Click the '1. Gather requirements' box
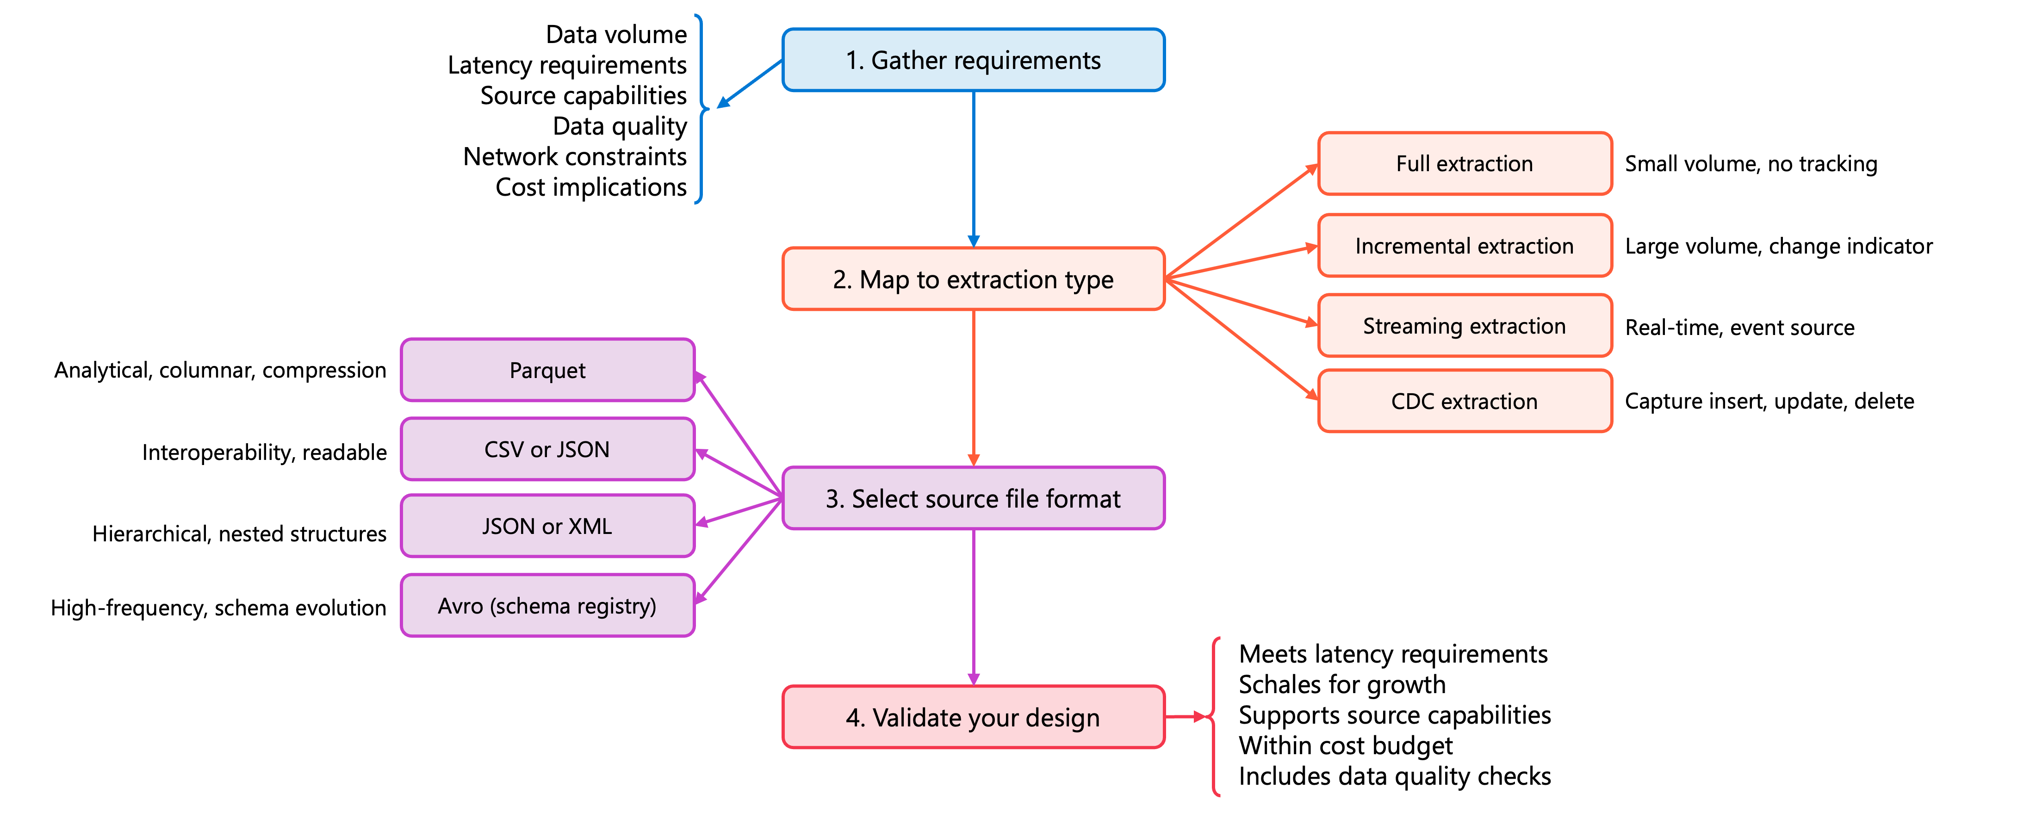pos(973,60)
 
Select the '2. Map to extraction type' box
pos(973,279)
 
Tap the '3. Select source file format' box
pos(973,498)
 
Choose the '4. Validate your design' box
pos(973,717)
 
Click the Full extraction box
pos(1465,164)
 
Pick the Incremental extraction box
pos(1465,246)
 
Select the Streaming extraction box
pos(1465,326)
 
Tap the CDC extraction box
pos(1465,401)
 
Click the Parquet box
pos(548,370)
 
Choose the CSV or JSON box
pos(548,449)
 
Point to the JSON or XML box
pos(548,526)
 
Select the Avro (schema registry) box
pos(548,606)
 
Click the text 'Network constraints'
pos(575,156)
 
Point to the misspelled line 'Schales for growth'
pos(1342,685)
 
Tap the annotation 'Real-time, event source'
pos(1739,327)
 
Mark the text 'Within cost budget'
pos(1345,745)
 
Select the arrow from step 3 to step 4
pos(973,607)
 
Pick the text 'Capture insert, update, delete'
pos(1769,401)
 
